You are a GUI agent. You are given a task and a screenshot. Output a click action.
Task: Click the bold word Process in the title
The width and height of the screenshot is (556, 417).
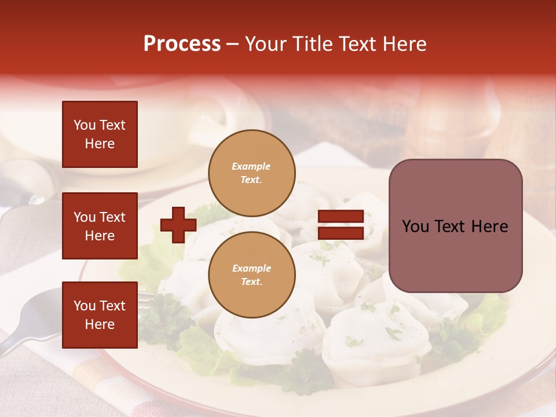[x=182, y=44]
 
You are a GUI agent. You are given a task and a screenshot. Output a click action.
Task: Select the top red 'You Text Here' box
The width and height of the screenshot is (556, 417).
[x=100, y=134]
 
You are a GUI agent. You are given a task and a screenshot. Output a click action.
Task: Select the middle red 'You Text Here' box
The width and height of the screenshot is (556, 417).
[x=100, y=226]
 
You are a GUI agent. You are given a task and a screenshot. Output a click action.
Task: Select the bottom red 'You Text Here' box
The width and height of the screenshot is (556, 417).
[x=100, y=314]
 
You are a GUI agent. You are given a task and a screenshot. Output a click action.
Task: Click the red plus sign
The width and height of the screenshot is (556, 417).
[x=178, y=225]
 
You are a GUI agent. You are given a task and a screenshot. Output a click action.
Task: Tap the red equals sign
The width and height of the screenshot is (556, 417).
[x=341, y=225]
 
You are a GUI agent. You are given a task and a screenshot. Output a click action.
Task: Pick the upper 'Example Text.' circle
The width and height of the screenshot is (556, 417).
[x=252, y=173]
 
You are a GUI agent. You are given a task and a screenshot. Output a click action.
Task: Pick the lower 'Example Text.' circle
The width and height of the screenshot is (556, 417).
[x=252, y=275]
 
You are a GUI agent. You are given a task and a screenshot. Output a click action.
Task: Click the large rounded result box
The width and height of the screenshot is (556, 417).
[x=455, y=226]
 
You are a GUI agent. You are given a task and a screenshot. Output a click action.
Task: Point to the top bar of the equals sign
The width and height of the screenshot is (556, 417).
[x=341, y=217]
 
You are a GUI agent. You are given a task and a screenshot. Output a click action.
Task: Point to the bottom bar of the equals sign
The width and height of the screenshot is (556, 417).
[x=341, y=233]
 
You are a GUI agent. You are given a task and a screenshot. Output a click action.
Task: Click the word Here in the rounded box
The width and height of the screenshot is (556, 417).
[x=489, y=226]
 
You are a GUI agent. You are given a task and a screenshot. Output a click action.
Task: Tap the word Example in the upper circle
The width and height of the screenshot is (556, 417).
[x=251, y=166]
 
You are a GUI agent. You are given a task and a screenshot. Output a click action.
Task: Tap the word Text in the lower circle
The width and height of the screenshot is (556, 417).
[x=251, y=282]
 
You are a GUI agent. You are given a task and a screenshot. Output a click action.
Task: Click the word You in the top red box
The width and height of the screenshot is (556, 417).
[x=85, y=125]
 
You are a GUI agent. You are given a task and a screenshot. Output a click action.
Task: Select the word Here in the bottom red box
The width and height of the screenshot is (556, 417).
[x=100, y=324]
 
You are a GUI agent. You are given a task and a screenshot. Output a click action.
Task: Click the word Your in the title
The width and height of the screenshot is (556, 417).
[x=268, y=44]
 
